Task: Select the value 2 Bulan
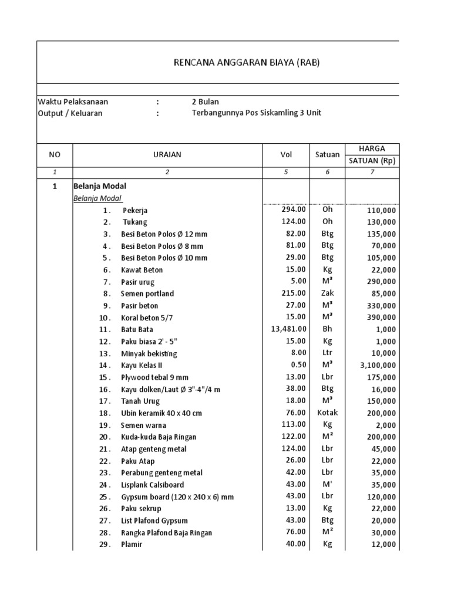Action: pyautogui.click(x=205, y=102)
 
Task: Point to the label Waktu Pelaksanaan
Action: pyautogui.click(x=73, y=102)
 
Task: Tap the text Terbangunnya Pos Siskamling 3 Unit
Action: pyautogui.click(x=257, y=113)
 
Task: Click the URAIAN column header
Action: pyautogui.click(x=167, y=154)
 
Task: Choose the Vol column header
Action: pyautogui.click(x=285, y=154)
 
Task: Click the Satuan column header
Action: pyautogui.click(x=327, y=154)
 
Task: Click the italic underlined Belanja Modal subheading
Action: pyautogui.click(x=97, y=198)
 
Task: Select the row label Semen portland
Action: pyautogui.click(x=147, y=293)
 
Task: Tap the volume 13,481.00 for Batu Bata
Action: pyautogui.click(x=288, y=329)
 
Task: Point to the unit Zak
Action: pyautogui.click(x=327, y=293)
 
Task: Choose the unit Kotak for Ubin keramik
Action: pyautogui.click(x=327, y=413)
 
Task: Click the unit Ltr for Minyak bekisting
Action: pyautogui.click(x=327, y=353)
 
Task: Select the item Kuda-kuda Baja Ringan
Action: pyautogui.click(x=159, y=437)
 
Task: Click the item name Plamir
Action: pyautogui.click(x=132, y=544)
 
